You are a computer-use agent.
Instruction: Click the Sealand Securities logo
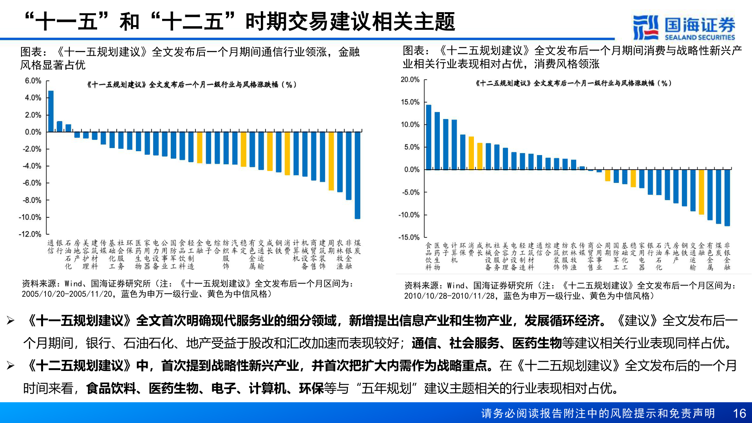pyautogui.click(x=684, y=27)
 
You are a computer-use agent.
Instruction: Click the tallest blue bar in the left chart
pyautogui.click(x=51, y=111)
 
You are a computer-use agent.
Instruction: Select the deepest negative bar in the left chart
pyautogui.click(x=357, y=175)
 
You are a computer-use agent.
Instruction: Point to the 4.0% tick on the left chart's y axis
pyautogui.click(x=33, y=98)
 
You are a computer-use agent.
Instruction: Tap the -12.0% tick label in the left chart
pyautogui.click(x=30, y=234)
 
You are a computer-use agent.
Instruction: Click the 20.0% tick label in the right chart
pyautogui.click(x=410, y=80)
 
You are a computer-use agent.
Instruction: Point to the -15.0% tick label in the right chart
pyautogui.click(x=409, y=237)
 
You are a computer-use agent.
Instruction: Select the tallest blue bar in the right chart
pyautogui.click(x=428, y=137)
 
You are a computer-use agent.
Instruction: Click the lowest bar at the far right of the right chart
pyautogui.click(x=727, y=197)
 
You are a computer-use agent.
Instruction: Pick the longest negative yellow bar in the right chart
pyautogui.click(x=701, y=192)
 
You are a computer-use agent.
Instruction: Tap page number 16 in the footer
pyautogui.click(x=739, y=413)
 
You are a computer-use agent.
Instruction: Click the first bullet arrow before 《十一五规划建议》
pyautogui.click(x=11, y=321)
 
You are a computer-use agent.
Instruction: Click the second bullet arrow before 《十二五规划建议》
pyautogui.click(x=11, y=366)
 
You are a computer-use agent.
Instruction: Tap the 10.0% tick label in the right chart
pyautogui.click(x=410, y=125)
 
